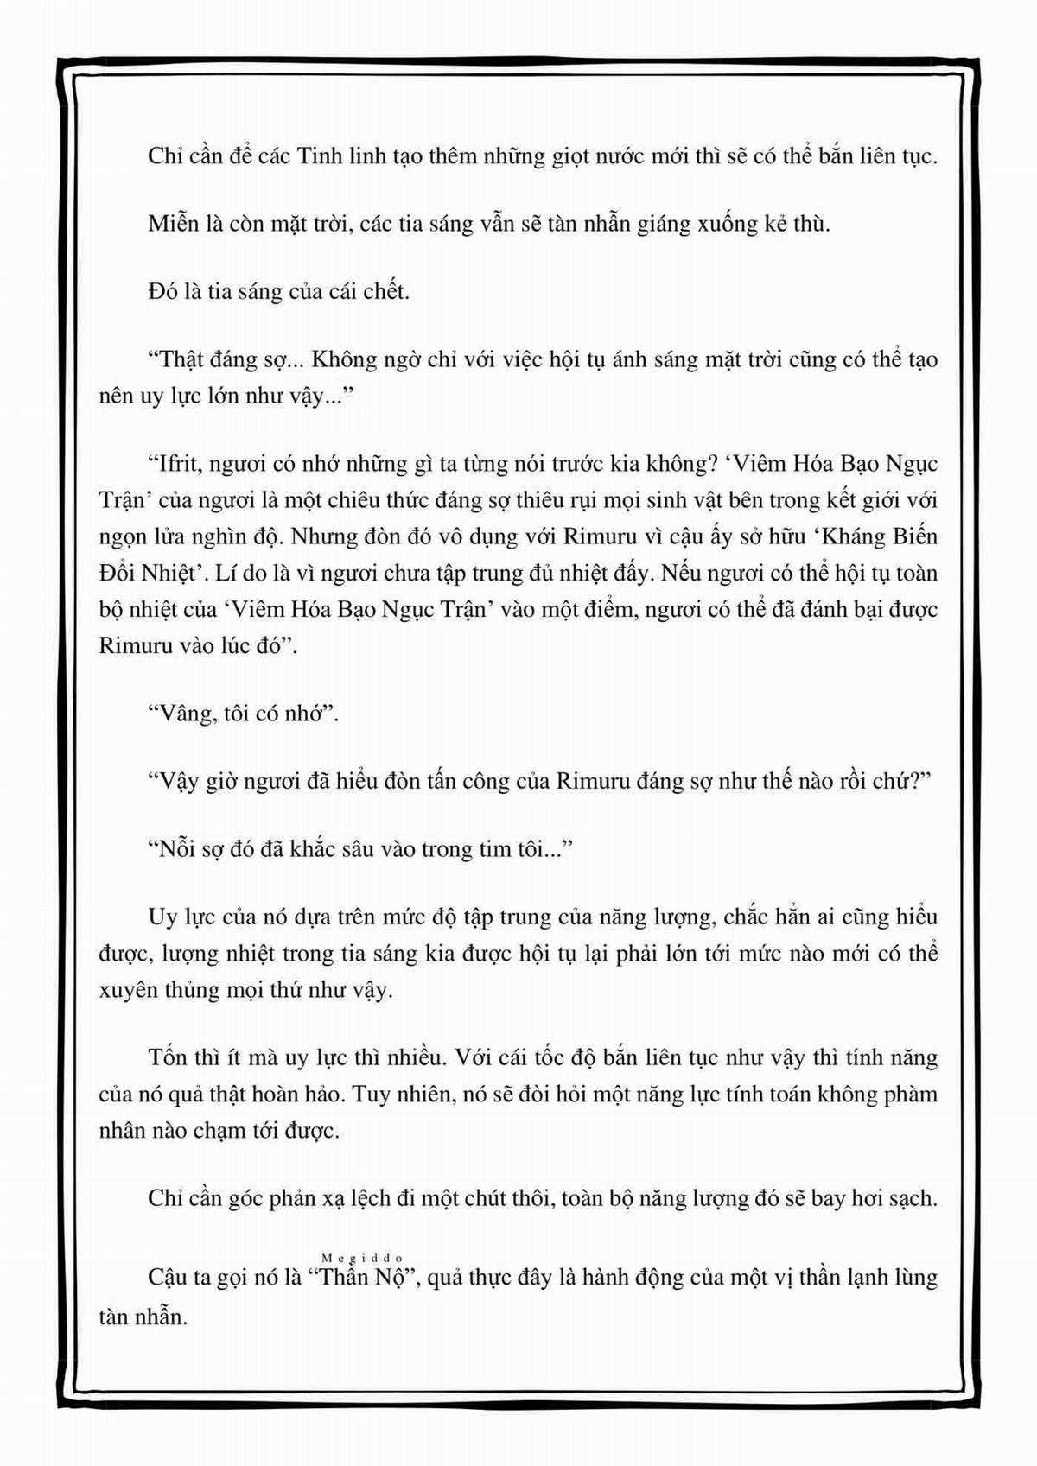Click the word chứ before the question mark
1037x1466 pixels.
pos(899,781)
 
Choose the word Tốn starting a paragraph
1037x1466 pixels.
pos(169,1057)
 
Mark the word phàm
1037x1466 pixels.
pos(910,1095)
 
